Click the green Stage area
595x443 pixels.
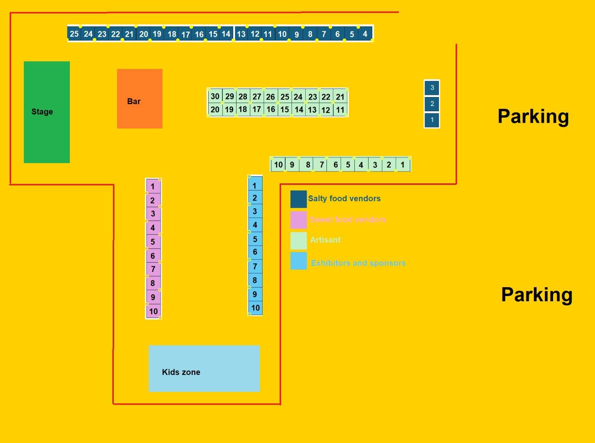pos(46,112)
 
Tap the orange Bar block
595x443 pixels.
pos(139,99)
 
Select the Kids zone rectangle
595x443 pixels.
pos(204,368)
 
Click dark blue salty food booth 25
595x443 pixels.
pos(74,34)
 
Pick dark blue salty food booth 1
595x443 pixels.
pos(432,120)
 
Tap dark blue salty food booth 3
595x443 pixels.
pos(432,88)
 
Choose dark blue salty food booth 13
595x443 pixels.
pos(241,34)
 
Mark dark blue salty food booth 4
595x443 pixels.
pos(365,34)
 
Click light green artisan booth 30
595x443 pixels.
pos(215,96)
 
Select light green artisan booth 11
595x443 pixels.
pos(340,110)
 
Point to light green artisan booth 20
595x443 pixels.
pos(215,109)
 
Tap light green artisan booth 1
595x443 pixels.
pos(403,164)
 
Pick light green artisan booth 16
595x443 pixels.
pos(271,109)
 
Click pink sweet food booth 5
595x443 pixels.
pos(153,242)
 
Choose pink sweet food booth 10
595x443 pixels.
pos(153,311)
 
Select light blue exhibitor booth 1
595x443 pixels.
pos(255,185)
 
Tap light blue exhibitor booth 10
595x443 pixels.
pos(255,308)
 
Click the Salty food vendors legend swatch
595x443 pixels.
pos(298,199)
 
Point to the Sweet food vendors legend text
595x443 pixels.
pos(348,219)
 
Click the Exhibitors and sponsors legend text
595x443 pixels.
pos(358,263)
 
